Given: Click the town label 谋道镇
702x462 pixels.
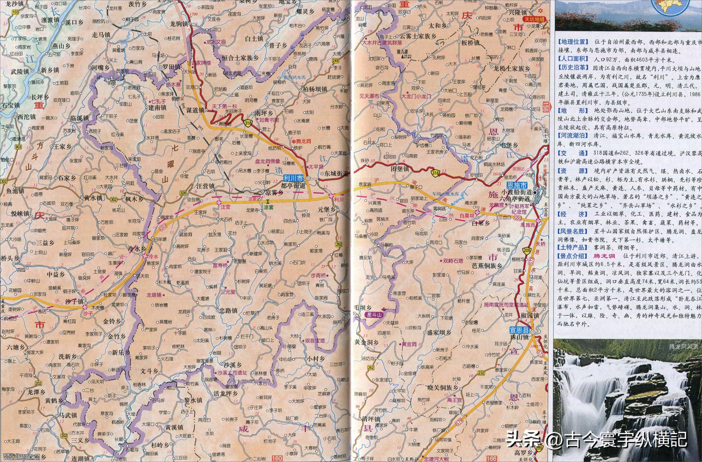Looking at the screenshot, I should pyautogui.click(x=196, y=110).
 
